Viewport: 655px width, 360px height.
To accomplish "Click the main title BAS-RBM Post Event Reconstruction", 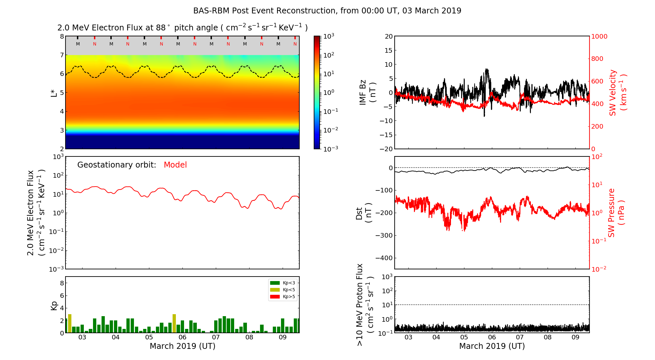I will click(327, 11).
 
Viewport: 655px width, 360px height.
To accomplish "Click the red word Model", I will click(175, 165).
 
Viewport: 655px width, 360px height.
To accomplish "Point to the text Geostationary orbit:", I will click(117, 165).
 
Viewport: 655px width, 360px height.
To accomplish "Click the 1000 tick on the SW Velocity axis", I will click(599, 36).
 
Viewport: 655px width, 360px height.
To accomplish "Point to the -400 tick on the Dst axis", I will click(384, 258).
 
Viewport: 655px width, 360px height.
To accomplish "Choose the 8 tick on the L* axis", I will click(62, 36).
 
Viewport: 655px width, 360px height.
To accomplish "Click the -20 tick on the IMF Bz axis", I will click(386, 149).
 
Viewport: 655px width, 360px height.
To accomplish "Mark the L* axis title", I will click(54, 93).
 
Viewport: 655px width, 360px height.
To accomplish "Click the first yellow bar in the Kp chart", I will click(70, 323).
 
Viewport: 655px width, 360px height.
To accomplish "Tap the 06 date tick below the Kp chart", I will click(182, 337).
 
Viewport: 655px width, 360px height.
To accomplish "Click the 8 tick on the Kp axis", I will click(62, 283).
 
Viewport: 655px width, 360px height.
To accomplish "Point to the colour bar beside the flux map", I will click(317, 92).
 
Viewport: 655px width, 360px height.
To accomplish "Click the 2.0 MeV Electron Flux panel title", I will click(182, 28).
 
